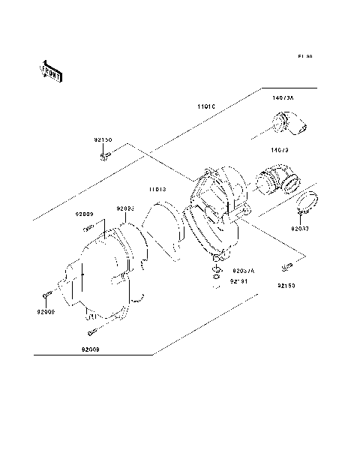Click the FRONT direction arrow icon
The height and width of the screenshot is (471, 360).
pos(50,70)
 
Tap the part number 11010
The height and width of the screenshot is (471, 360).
pos(207,107)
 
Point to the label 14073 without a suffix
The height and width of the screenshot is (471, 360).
pos(280,150)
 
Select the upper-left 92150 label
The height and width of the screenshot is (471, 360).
pos(103,140)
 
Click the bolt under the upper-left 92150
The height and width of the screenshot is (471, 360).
pos(105,156)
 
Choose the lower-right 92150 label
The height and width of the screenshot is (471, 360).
pos(286,286)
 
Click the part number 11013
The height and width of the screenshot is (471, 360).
pos(156,190)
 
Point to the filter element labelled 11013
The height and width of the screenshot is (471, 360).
pos(161,229)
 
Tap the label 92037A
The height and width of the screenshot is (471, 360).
pos(243,271)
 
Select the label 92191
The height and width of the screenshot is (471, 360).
pos(238,282)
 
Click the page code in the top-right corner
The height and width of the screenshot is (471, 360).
pos(304,56)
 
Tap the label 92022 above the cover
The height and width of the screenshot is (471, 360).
pos(124,208)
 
